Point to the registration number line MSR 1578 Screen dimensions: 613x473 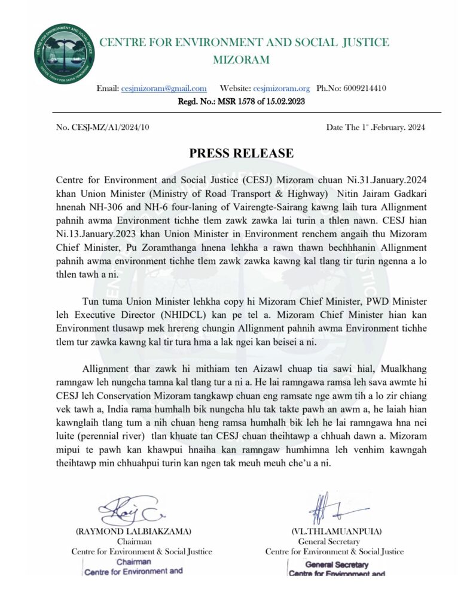click(242, 102)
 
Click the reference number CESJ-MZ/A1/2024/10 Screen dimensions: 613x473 click(102, 128)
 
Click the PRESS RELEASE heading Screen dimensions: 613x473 click(242, 153)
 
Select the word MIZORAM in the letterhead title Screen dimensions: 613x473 click(242, 60)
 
